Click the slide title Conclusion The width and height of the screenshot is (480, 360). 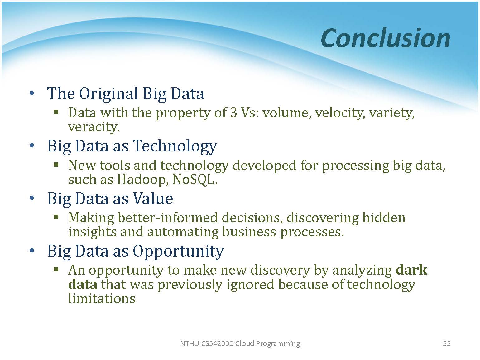click(x=385, y=38)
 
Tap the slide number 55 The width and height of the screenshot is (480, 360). click(x=447, y=343)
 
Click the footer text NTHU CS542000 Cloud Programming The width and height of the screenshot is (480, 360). click(x=240, y=343)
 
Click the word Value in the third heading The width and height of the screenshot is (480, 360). click(x=153, y=199)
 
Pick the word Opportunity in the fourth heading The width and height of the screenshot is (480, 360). click(x=178, y=251)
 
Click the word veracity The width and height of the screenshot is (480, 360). click(x=94, y=127)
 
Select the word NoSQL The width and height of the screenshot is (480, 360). click(x=195, y=180)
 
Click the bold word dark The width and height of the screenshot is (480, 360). click(x=411, y=270)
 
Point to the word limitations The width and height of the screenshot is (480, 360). click(x=102, y=298)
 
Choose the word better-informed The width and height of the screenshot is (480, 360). click(x=168, y=218)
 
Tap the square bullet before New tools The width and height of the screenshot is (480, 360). click(x=56, y=164)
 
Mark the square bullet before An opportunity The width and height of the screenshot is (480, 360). click(x=56, y=269)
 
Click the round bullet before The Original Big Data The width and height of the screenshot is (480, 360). click(x=32, y=93)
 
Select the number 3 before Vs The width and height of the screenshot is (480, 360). click(x=233, y=113)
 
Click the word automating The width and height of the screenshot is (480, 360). click(x=183, y=232)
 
